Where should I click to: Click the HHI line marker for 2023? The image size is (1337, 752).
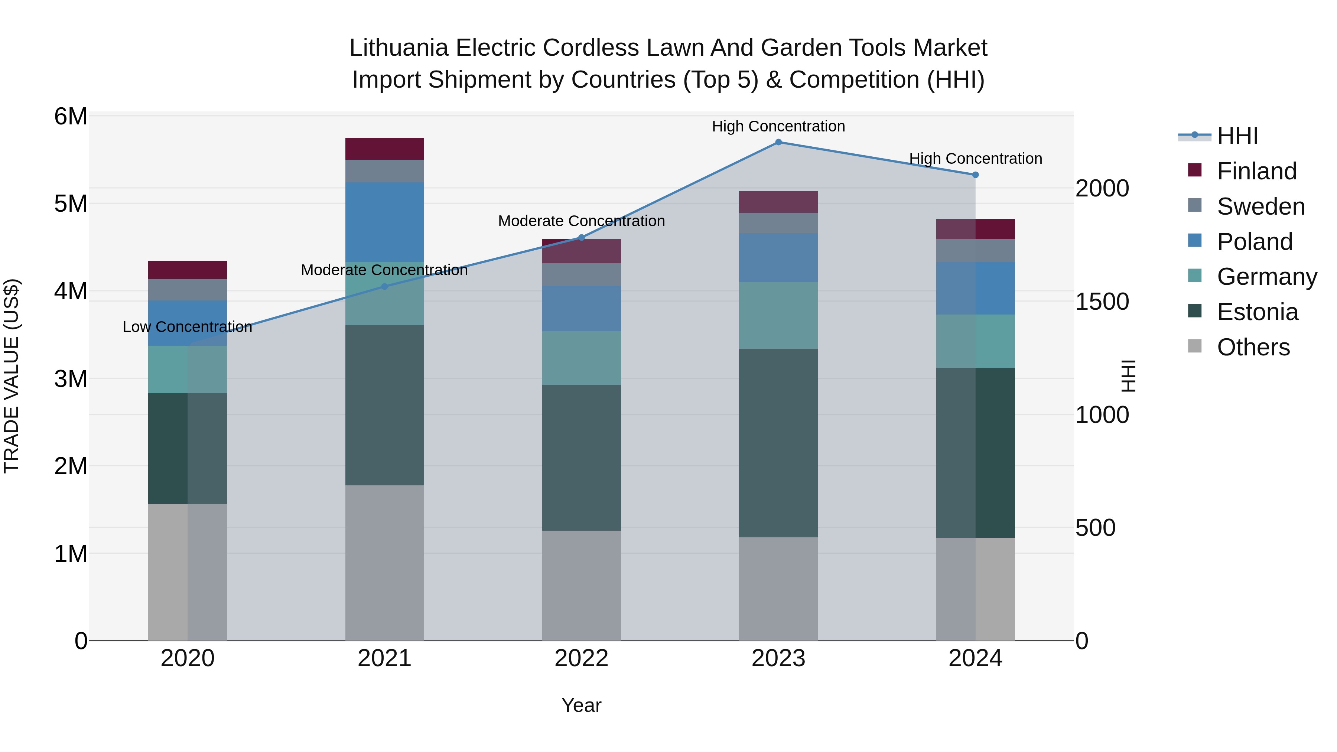coord(778,142)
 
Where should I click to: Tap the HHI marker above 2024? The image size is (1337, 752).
coord(975,175)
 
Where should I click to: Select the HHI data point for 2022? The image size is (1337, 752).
coord(581,238)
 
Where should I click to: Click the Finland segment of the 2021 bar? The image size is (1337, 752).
coord(385,149)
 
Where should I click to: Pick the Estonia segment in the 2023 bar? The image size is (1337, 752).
coord(778,443)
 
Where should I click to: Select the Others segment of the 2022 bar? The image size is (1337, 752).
coord(581,585)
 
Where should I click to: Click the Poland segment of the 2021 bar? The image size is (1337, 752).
coord(385,222)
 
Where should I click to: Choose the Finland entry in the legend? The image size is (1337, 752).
coord(1256,171)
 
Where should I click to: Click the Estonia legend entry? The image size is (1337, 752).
coord(1257,312)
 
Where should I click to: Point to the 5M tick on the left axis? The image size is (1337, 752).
coord(71,204)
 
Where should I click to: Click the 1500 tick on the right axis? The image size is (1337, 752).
coord(1102,302)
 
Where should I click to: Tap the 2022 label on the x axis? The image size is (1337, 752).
coord(581,658)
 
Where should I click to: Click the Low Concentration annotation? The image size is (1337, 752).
coord(188,327)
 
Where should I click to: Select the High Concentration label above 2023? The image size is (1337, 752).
coord(778,126)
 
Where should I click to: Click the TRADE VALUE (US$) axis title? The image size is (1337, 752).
coord(12,376)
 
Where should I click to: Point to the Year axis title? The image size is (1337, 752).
coord(581,705)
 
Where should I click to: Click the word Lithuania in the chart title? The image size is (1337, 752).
coord(398,48)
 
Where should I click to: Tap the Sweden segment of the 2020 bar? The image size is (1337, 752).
coord(188,290)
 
